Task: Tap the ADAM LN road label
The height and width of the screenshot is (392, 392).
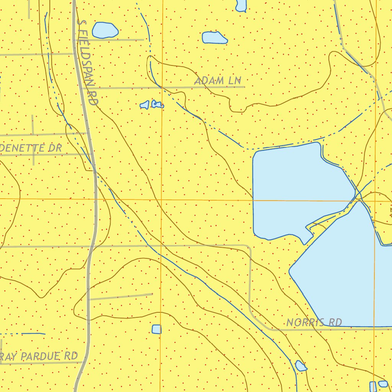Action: tap(218, 81)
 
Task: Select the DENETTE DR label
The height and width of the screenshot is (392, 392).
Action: tap(31, 148)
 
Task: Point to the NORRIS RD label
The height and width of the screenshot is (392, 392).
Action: tap(314, 322)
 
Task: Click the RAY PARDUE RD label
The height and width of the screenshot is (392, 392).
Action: tap(39, 356)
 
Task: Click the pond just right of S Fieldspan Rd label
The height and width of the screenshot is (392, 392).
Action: tap(105, 30)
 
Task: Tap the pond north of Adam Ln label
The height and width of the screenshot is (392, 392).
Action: tap(214, 38)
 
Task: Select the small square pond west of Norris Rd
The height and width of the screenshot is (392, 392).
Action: tap(157, 329)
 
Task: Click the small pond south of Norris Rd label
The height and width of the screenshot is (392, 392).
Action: tap(301, 366)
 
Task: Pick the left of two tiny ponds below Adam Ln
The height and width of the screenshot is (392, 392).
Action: tap(144, 105)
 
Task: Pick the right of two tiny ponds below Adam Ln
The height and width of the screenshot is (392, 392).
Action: tap(157, 104)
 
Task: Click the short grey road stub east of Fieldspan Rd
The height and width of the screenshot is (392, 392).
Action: tap(121, 296)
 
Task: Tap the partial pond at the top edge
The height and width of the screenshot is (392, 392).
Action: tap(241, 5)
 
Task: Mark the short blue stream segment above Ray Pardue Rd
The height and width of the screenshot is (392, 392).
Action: tap(34, 334)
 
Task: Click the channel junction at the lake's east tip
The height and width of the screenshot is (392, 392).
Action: tap(358, 195)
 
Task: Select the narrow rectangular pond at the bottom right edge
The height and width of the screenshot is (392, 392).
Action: tap(372, 387)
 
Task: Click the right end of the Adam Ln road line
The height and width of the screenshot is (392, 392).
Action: tap(244, 87)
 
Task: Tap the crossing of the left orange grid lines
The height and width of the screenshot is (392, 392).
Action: tap(161, 199)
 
